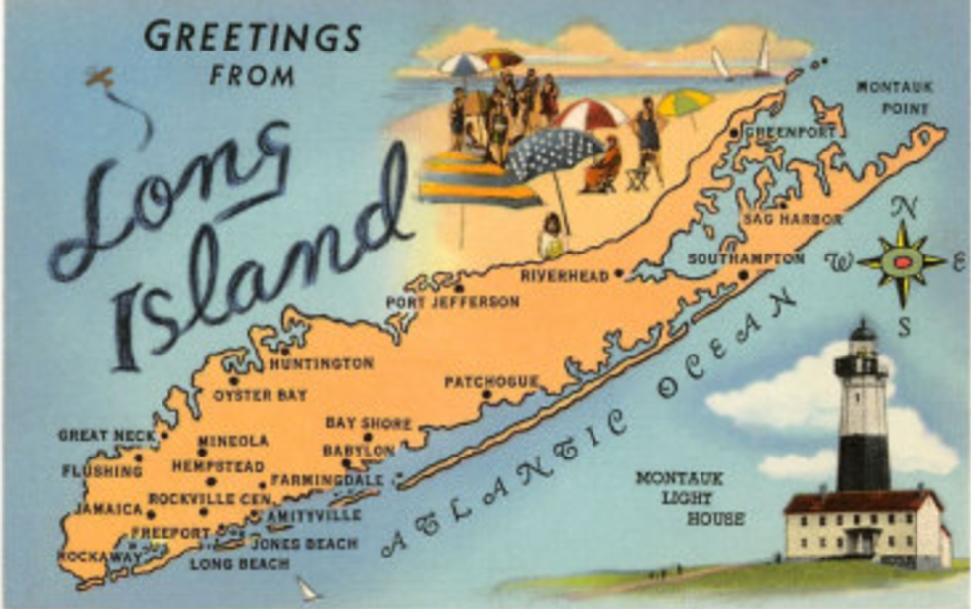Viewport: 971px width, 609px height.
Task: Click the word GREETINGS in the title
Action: (x=253, y=37)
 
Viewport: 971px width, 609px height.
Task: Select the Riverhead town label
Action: (x=565, y=276)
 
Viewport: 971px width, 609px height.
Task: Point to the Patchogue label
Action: (x=490, y=381)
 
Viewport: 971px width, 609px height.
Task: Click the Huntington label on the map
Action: (x=321, y=364)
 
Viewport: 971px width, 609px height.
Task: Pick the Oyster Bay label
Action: (x=260, y=395)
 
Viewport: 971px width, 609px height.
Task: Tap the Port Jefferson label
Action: (x=453, y=301)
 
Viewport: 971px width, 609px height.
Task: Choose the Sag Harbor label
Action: (x=793, y=219)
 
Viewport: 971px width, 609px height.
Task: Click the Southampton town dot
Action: (x=743, y=276)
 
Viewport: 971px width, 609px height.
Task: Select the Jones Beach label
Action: (x=303, y=544)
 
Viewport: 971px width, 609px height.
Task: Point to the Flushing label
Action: (x=102, y=471)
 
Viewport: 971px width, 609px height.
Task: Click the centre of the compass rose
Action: (x=902, y=262)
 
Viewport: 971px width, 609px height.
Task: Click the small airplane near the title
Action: (x=100, y=78)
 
